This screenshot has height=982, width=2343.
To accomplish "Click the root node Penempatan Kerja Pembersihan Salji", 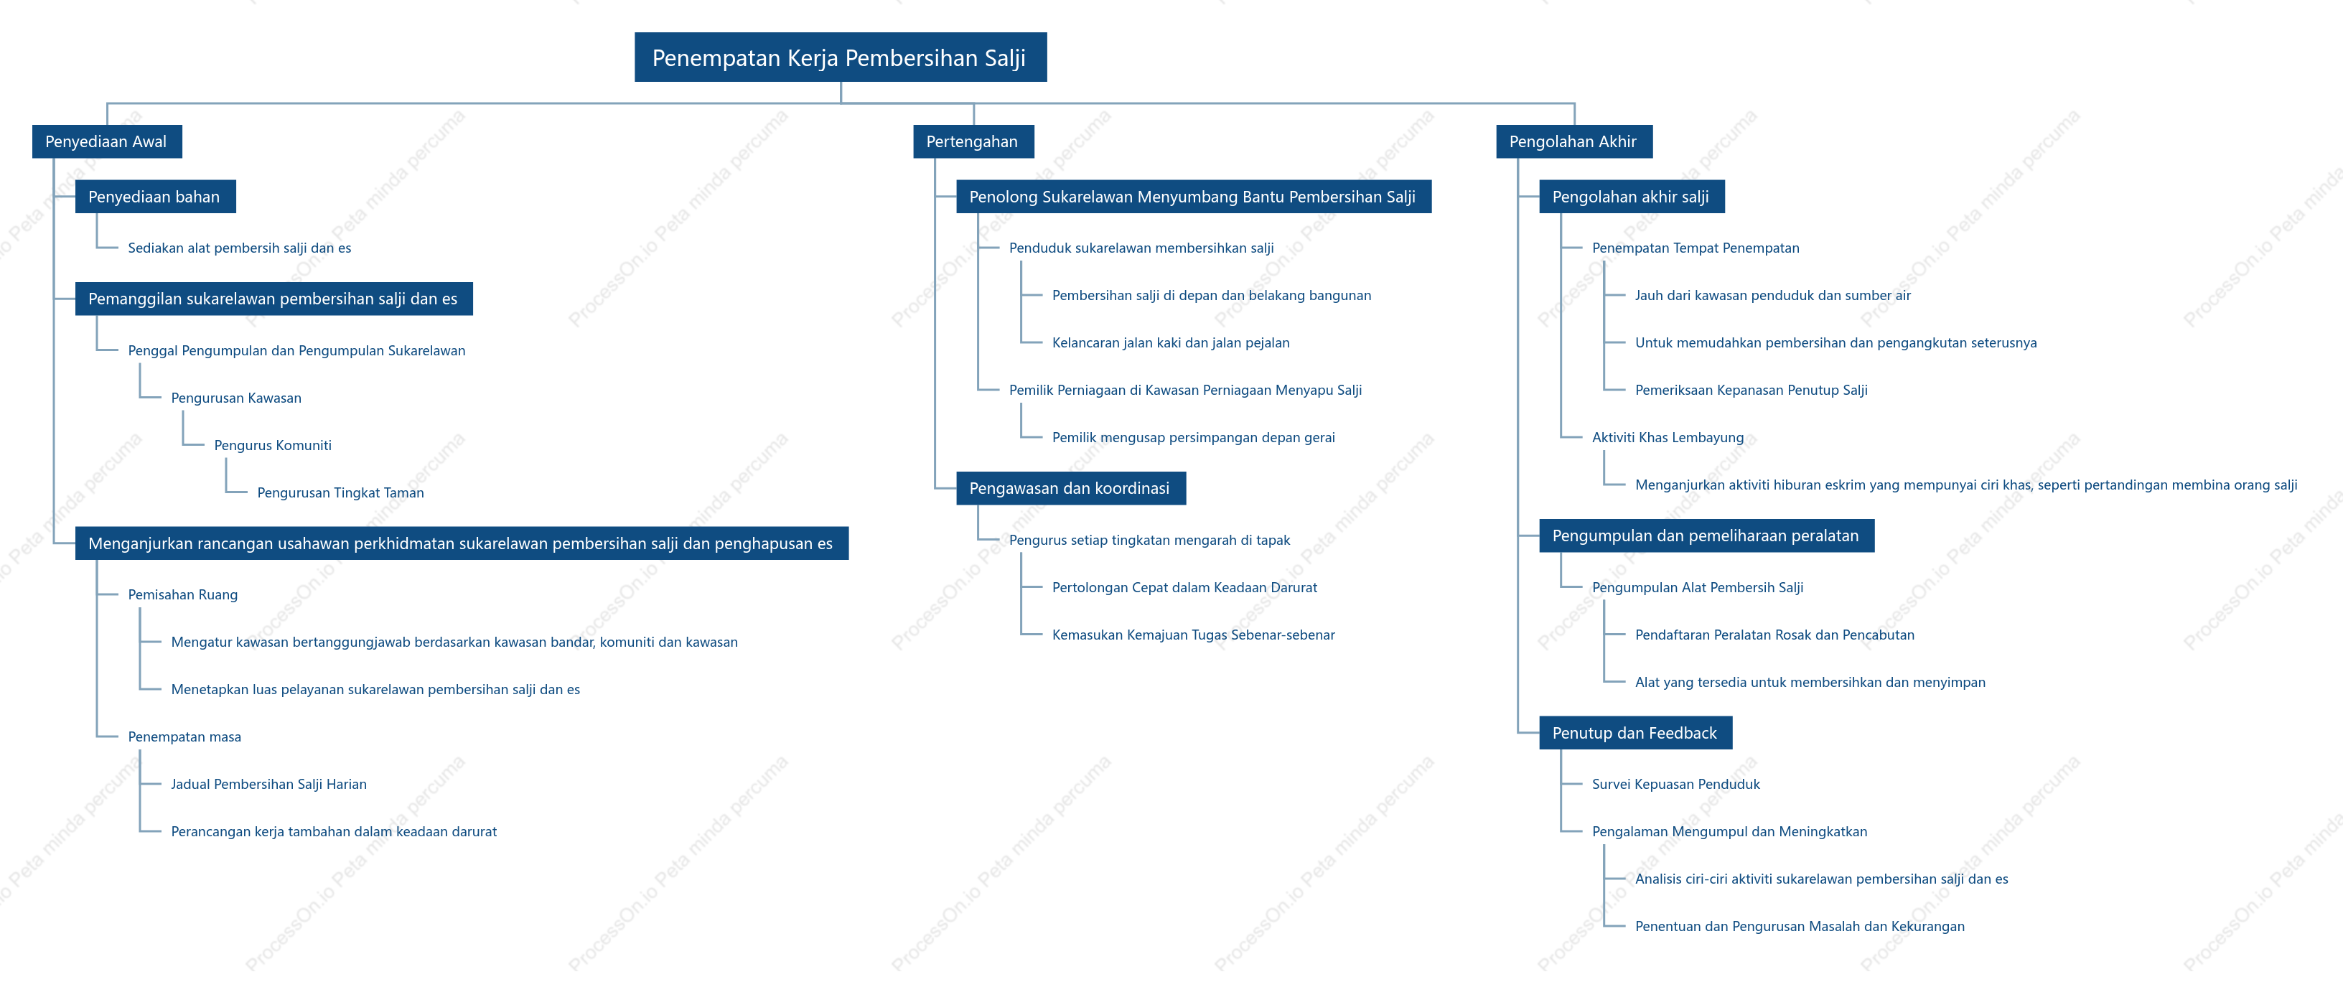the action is coord(841,57).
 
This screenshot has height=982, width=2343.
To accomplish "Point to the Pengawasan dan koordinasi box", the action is coord(1070,488).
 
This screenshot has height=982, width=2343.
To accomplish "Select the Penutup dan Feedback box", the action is coord(1635,733).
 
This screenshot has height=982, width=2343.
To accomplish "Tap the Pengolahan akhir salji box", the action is coord(1632,197).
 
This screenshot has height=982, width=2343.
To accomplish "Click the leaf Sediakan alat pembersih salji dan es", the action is coord(239,248).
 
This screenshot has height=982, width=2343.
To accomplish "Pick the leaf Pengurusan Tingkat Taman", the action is coord(340,493).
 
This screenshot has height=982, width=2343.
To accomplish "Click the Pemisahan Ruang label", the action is coord(183,594).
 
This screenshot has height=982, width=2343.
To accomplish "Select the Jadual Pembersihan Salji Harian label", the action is coord(269,784).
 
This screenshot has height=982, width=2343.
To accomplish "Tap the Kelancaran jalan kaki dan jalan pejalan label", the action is coord(1171,343).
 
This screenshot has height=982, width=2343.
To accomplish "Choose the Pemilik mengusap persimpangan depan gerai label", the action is coord(1193,437).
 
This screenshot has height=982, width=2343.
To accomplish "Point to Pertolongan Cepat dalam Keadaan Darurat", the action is coord(1184,587).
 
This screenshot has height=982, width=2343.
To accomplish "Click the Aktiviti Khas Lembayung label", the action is coord(1668,437).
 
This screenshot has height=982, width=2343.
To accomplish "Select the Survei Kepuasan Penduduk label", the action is coord(1676,784).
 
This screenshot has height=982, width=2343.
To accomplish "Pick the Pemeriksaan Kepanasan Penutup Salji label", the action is coord(1751,390).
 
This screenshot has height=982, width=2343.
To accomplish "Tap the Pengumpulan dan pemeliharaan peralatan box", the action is coord(1706,536).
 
